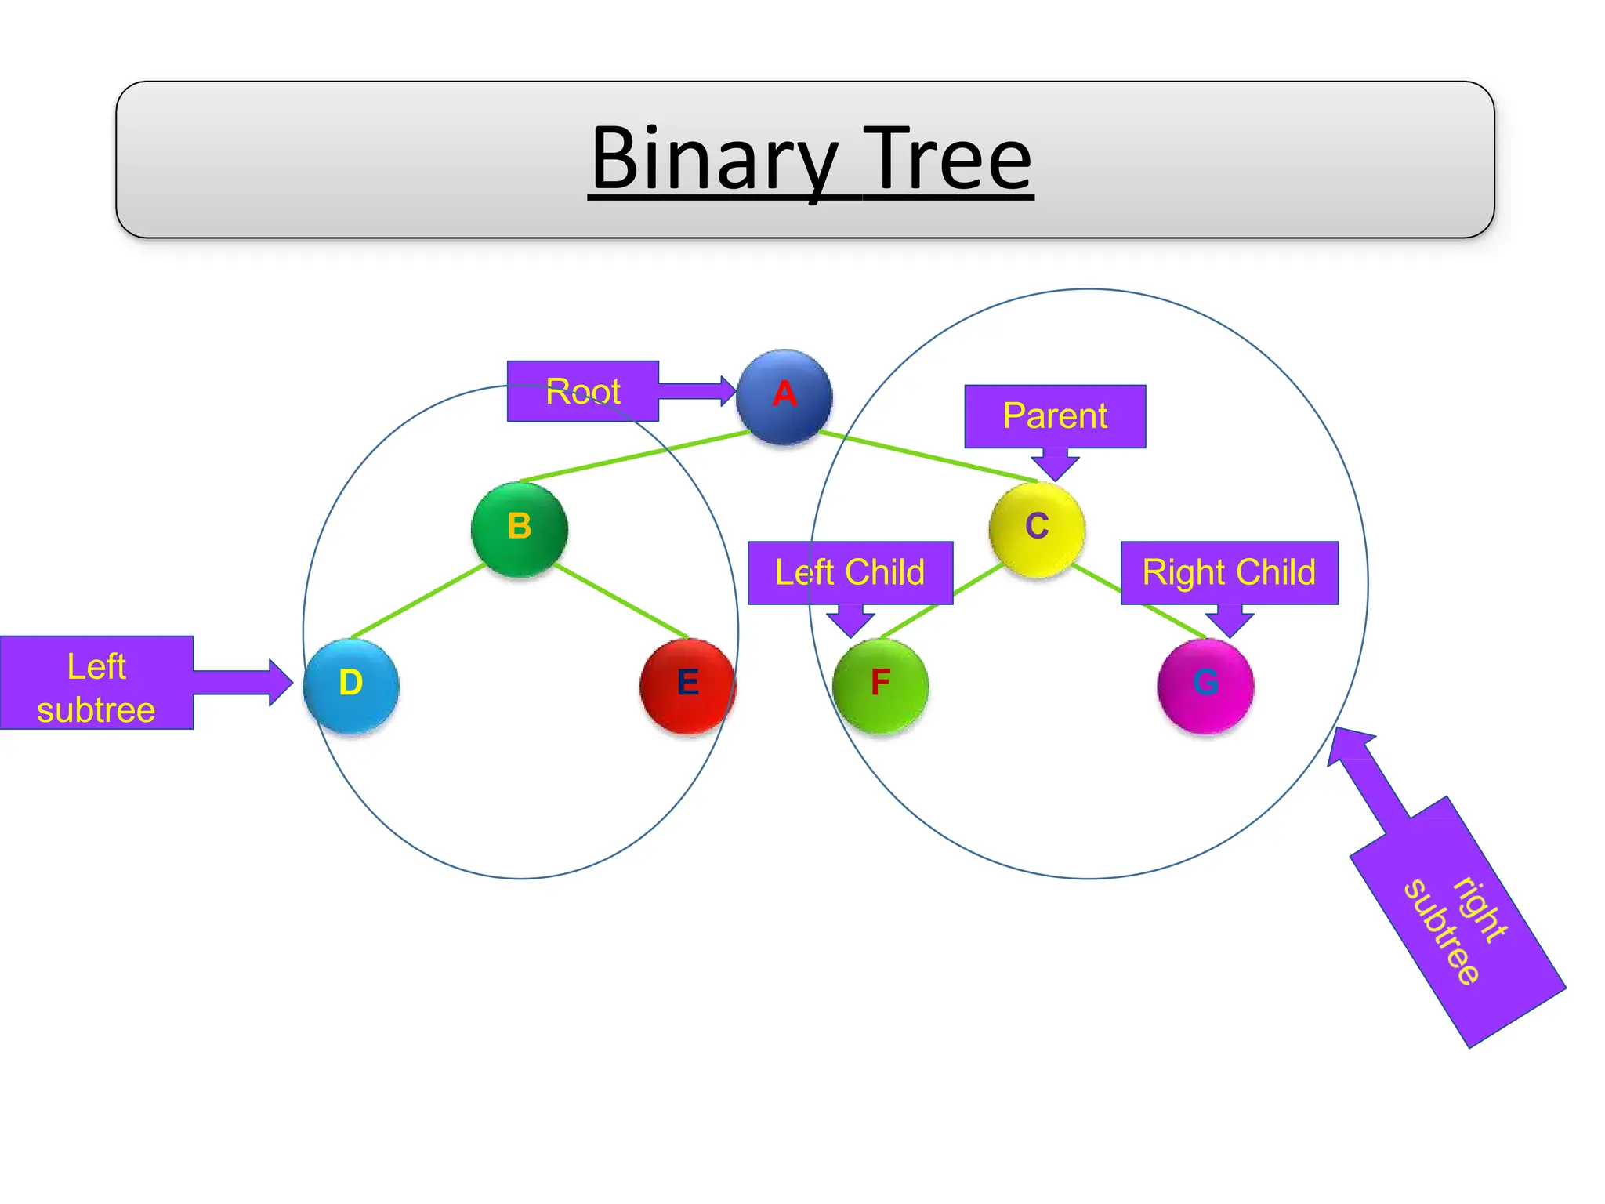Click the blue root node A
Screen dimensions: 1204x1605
click(x=784, y=397)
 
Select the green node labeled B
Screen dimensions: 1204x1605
click(x=519, y=529)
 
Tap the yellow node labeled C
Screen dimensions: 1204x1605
click(x=1037, y=529)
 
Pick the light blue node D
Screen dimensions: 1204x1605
click(x=351, y=686)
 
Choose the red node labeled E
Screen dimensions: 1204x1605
click(x=687, y=686)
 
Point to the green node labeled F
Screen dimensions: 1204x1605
click(x=880, y=686)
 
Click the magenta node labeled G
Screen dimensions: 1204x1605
click(x=1205, y=686)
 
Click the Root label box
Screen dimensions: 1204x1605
click(x=582, y=391)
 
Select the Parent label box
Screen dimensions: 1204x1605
click(x=1055, y=415)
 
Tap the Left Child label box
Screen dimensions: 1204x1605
click(x=850, y=572)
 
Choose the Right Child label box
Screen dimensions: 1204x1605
click(x=1229, y=572)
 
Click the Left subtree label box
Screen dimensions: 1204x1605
click(x=96, y=683)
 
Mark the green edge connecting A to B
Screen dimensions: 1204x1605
click(x=635, y=456)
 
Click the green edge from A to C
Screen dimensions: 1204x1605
click(x=929, y=456)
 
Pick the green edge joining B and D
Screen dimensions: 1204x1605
click(x=418, y=600)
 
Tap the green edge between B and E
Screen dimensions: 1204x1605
click(x=621, y=600)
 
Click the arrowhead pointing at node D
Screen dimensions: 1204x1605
click(x=281, y=683)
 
